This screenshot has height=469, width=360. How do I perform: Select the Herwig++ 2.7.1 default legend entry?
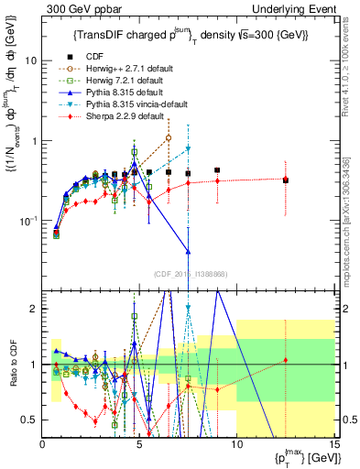click(123, 70)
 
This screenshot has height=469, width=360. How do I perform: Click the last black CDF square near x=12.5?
click(286, 180)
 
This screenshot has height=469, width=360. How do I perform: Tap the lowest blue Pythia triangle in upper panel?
click(188, 251)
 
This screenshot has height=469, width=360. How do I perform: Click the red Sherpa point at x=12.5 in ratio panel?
click(286, 360)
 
